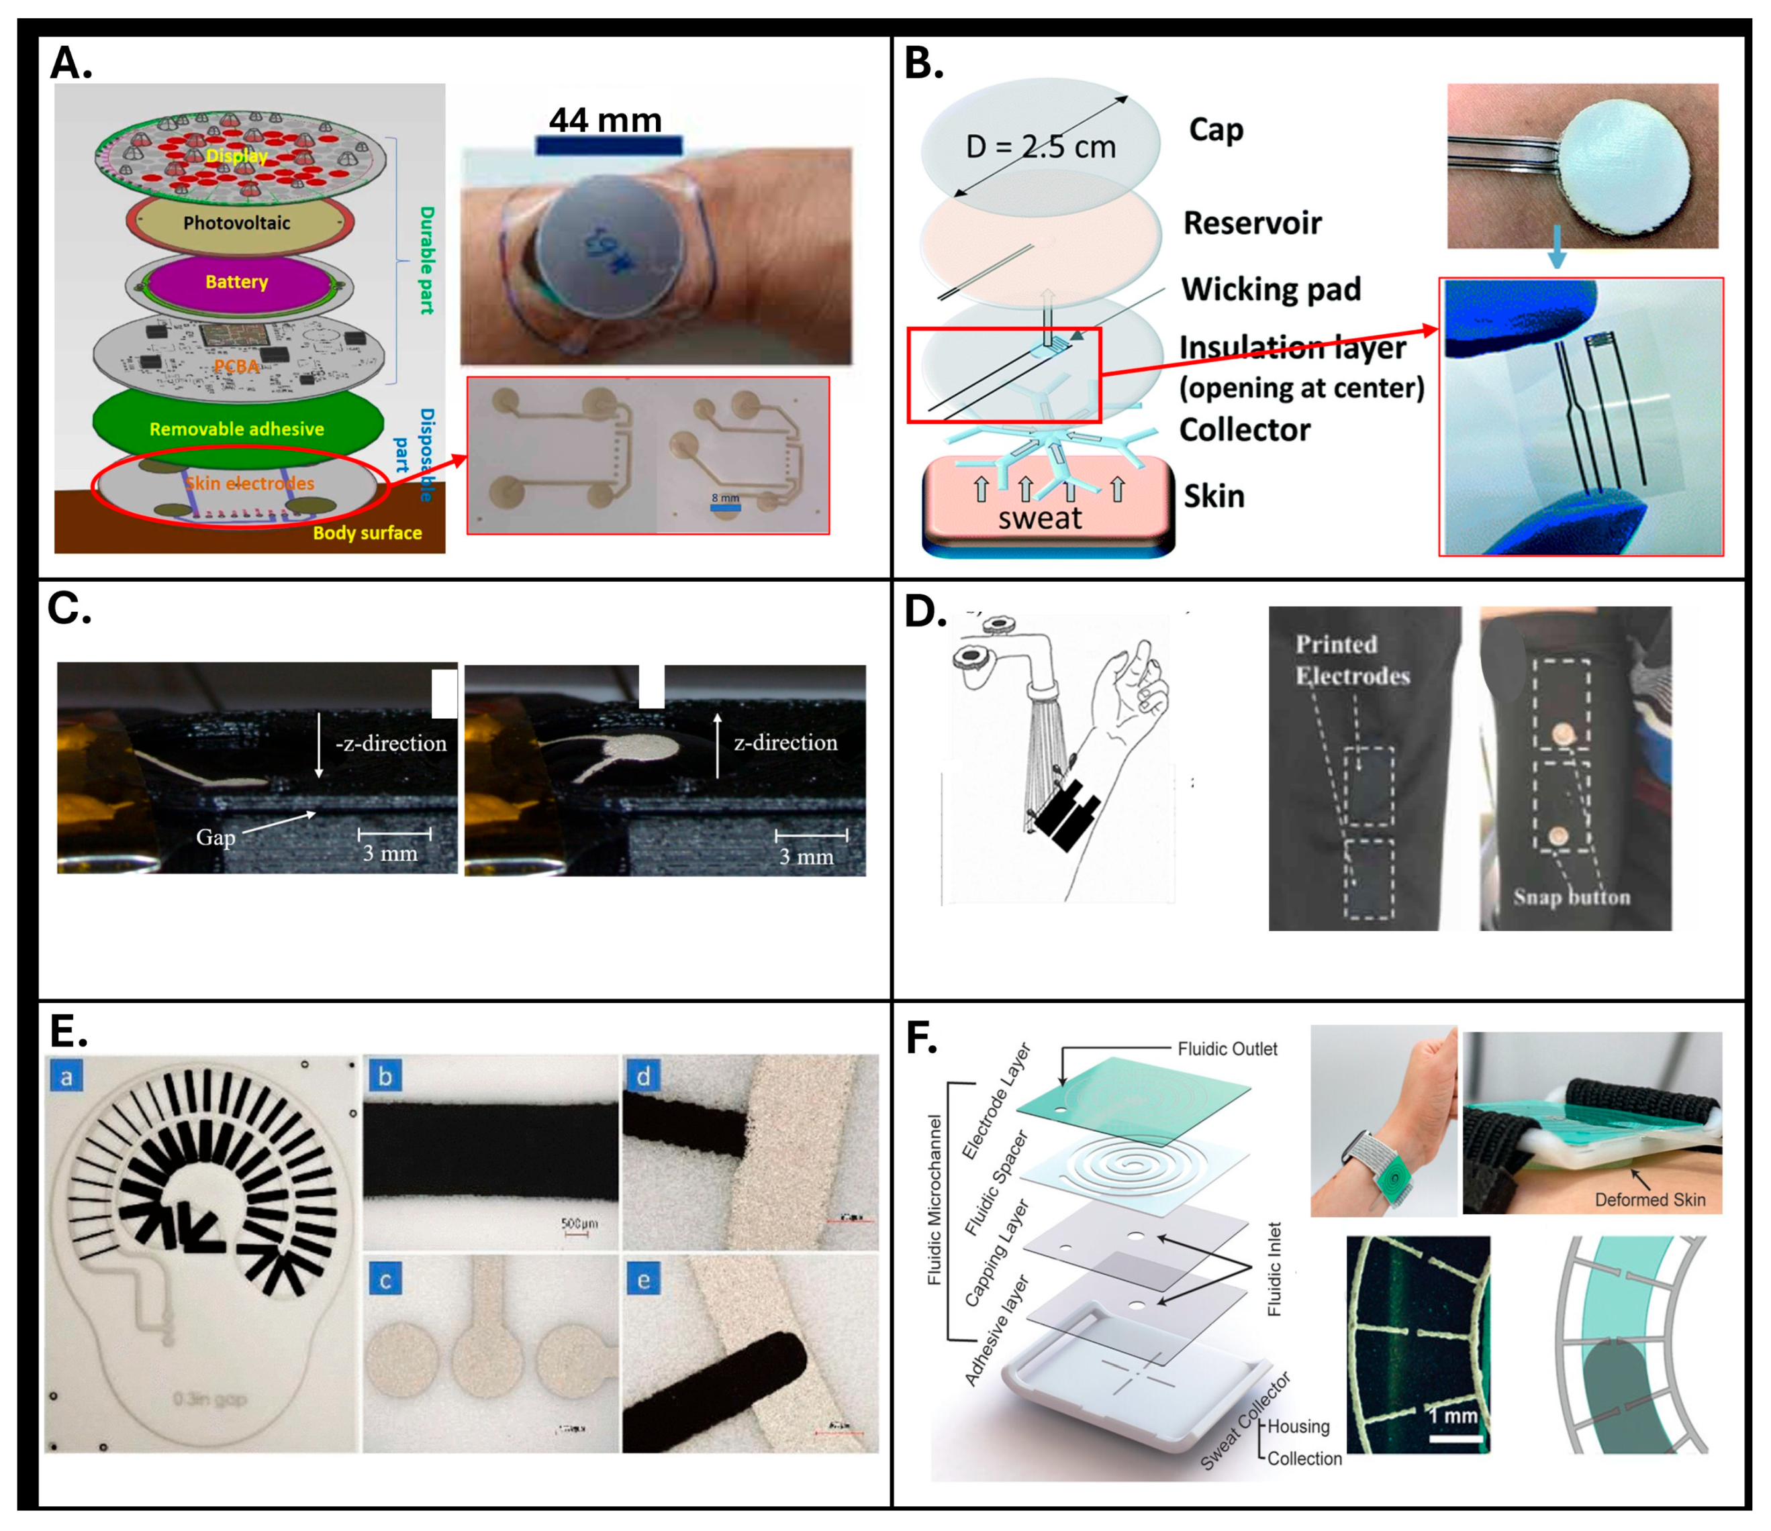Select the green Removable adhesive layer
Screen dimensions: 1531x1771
coord(237,428)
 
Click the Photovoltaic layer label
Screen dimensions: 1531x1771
coord(237,223)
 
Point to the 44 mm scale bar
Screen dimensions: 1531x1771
coord(608,145)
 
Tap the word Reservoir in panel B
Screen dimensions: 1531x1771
coord(1252,223)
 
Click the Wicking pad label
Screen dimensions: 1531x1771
coord(1271,290)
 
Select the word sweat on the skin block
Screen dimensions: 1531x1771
coord(1039,518)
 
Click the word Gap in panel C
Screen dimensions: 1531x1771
coord(216,837)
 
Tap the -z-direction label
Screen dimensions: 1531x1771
coord(391,743)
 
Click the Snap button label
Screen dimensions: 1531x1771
coord(1572,897)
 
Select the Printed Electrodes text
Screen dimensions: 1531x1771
coord(1352,660)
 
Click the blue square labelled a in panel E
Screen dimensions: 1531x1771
coord(66,1075)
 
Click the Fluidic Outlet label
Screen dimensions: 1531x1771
coord(1227,1049)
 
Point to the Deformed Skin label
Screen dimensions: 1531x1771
coord(1649,1200)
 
